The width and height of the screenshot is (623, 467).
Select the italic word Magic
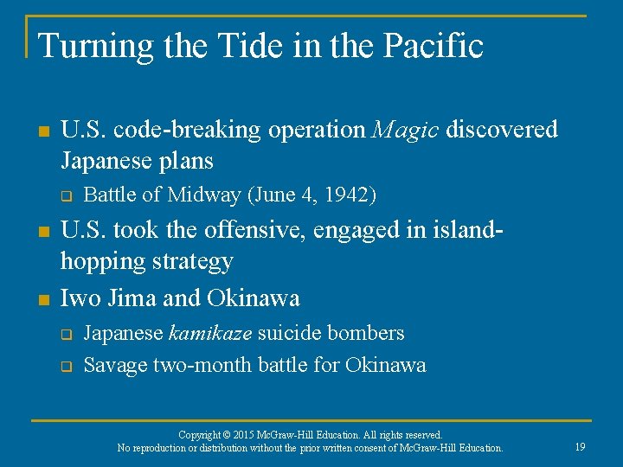tap(407, 130)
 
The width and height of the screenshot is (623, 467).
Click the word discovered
tap(502, 130)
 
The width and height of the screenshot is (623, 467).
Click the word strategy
tap(191, 261)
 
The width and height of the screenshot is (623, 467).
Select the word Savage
tap(115, 365)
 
